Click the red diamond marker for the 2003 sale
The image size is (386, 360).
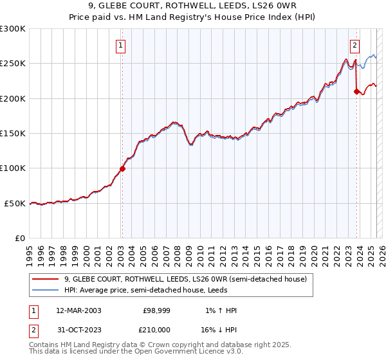pos(122,169)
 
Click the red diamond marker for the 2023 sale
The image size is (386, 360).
pos(356,92)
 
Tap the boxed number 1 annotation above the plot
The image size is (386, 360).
pos(122,45)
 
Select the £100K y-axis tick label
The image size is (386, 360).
pos(13,168)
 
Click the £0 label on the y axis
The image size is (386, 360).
pos(19,238)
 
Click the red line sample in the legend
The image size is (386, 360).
pos(45,280)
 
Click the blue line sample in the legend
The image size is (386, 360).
pos(45,290)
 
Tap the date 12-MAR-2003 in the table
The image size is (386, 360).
pos(78,310)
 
